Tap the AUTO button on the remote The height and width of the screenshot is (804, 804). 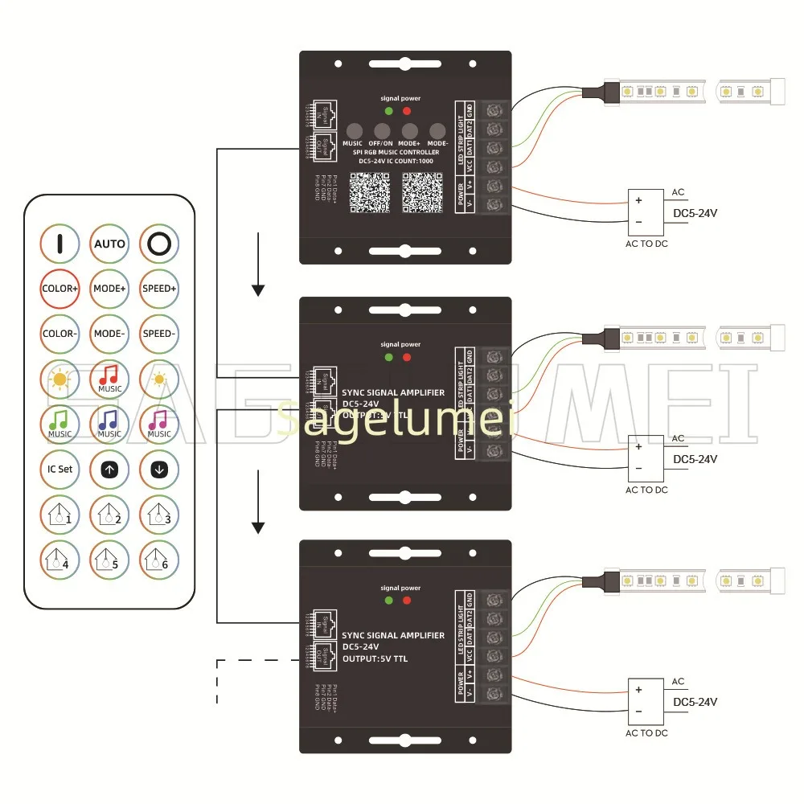pyautogui.click(x=109, y=243)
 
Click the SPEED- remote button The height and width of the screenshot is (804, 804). pyautogui.click(x=158, y=333)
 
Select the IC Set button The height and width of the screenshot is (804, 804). pyautogui.click(x=59, y=469)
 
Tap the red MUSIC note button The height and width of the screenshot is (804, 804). pyautogui.click(x=109, y=378)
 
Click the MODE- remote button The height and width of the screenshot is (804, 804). pyautogui.click(x=109, y=333)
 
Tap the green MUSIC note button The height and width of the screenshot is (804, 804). pyautogui.click(x=59, y=423)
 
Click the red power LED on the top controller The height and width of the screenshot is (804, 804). pyautogui.click(x=407, y=111)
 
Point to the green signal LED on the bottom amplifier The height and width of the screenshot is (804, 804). pyautogui.click(x=389, y=600)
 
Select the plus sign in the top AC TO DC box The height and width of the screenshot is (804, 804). pyautogui.click(x=639, y=200)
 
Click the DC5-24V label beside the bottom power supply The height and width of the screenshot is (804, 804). pyautogui.click(x=695, y=702)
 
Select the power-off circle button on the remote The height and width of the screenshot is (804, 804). pyautogui.click(x=158, y=243)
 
